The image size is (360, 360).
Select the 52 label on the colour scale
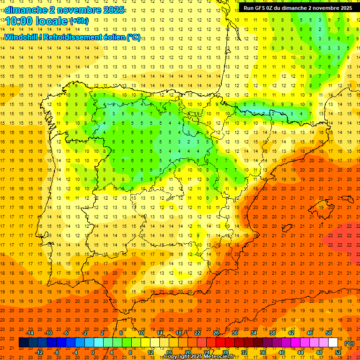[338, 352]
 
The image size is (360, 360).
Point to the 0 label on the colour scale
[93, 352]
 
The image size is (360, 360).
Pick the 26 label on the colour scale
[216, 333]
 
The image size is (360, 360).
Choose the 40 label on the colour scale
[281, 352]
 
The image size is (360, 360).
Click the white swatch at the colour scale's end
[333, 343]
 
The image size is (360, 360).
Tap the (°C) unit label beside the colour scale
[349, 343]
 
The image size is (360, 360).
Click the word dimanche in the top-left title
[21, 10]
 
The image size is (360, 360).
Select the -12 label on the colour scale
[39, 352]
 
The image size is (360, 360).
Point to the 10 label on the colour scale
[141, 333]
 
